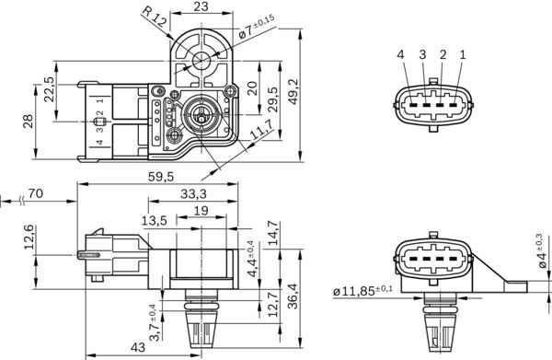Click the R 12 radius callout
point(154,14)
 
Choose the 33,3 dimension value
point(191,194)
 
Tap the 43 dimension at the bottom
point(136,347)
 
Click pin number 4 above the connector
point(401,55)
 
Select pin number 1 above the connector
point(463,55)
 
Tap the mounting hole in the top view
point(202,64)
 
